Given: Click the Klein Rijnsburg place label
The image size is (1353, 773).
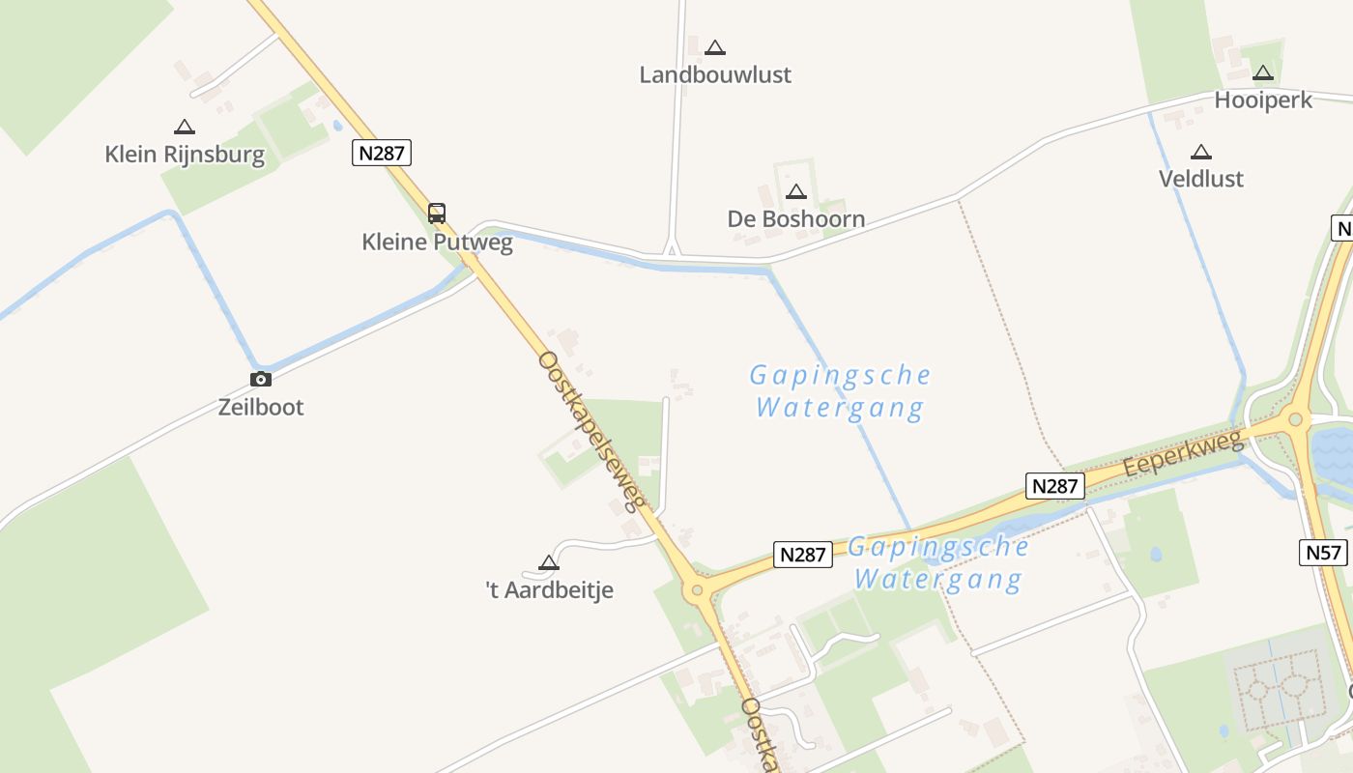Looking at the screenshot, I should pos(185,154).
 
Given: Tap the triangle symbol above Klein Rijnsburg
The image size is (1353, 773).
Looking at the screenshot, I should pos(185,127).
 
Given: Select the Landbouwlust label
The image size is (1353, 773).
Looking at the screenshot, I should pos(715,74).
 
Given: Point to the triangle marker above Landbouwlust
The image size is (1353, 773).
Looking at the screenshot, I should pos(715,47).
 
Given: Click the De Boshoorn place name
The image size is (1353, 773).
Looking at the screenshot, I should pos(795,218).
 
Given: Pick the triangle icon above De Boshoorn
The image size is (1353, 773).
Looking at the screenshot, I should pos(796,191).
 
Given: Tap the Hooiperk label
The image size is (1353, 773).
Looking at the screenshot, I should pos(1263,100).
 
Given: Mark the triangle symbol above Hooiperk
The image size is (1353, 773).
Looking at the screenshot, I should pos(1263,72).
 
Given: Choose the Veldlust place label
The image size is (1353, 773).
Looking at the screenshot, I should pos(1201,179).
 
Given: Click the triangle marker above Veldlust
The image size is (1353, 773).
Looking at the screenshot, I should pos(1201,152).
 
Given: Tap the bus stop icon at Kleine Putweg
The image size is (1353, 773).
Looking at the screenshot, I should pos(437,214).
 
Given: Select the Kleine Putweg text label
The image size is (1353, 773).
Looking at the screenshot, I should pos(437,242).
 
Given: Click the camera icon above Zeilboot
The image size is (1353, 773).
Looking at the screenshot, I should pos(261,379).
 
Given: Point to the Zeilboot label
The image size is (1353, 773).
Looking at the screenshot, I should pos(261,407).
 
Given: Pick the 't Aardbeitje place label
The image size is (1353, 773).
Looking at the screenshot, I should pos(549,589).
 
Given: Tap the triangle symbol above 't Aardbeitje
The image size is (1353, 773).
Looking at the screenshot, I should pos(549,562).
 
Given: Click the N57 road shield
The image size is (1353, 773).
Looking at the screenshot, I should pos(1323,553).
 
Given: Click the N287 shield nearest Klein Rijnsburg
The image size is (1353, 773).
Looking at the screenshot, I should pos(382,152).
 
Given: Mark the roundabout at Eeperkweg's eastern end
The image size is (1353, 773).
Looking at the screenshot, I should pos(1295,419).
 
